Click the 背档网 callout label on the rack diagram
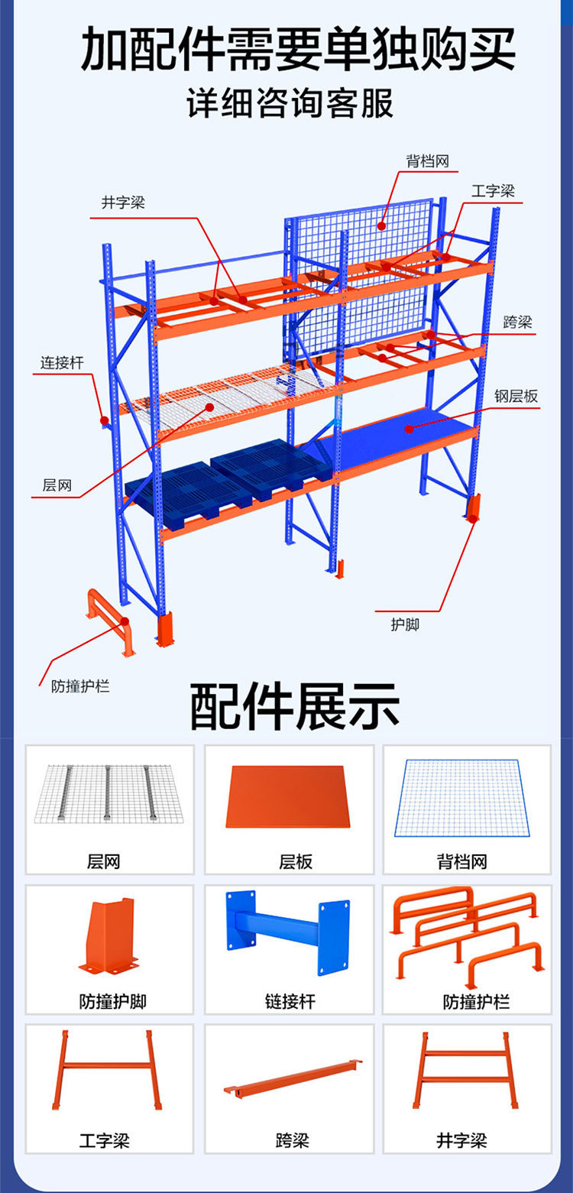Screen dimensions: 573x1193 coord(426,161)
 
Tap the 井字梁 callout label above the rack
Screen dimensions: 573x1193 coord(123,203)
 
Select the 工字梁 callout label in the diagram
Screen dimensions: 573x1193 coord(493,191)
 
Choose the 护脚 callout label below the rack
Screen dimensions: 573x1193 coord(405,624)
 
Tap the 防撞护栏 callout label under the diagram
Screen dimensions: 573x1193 coord(80,686)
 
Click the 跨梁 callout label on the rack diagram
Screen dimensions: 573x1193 coord(518,322)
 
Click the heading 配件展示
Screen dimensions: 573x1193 coord(294,707)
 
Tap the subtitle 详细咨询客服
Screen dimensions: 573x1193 coord(290,103)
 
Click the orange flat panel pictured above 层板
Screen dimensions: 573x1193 coord(288,796)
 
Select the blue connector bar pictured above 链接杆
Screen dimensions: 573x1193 coord(288,932)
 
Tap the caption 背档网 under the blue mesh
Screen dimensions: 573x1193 coord(461,862)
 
